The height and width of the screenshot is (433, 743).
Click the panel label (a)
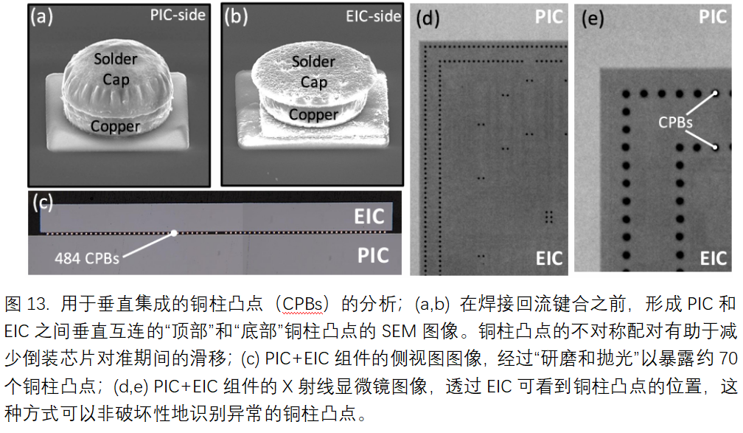point(42,17)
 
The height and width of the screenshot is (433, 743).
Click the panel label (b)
point(236,17)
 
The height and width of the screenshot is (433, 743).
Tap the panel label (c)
point(43,203)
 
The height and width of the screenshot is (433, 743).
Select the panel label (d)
point(428,19)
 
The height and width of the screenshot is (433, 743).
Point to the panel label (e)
point(593,19)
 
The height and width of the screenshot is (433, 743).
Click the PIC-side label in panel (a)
point(178,15)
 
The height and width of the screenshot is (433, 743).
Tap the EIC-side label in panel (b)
point(374,17)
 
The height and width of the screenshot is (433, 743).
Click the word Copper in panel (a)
point(116,126)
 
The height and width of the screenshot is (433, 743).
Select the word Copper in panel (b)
point(314,115)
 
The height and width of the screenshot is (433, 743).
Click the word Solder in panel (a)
point(116,59)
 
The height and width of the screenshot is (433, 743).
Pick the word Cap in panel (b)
point(314,83)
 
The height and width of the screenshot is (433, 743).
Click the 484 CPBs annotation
point(87,258)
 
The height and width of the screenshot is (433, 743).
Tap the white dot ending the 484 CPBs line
point(174,233)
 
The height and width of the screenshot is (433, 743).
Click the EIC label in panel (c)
point(369,217)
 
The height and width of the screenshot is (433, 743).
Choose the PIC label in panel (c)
point(373,256)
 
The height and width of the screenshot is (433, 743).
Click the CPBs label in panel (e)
point(675,122)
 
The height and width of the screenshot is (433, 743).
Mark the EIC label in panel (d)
point(549,259)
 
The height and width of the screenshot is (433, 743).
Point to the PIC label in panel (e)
point(713,17)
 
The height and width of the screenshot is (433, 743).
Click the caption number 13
point(38,304)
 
